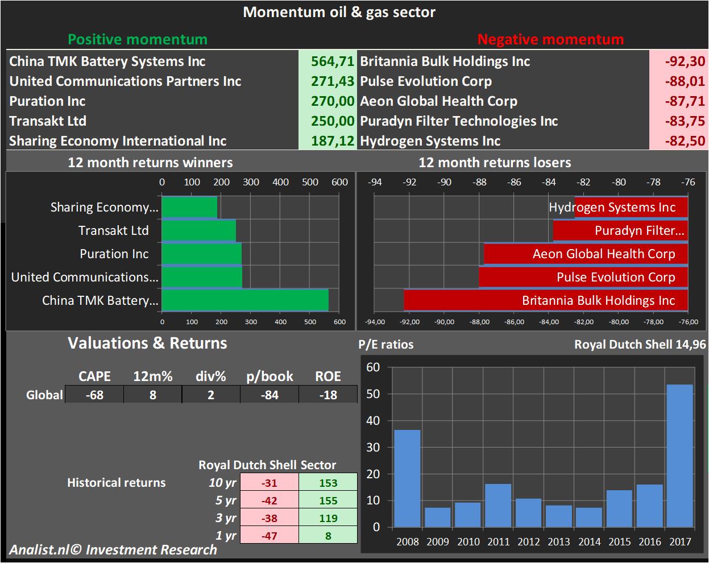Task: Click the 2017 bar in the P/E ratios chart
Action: [x=679, y=456]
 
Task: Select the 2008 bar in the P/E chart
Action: [x=407, y=478]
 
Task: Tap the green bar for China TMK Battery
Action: [x=245, y=300]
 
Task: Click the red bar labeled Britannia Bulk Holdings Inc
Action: [x=546, y=300]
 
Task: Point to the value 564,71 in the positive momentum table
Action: [x=333, y=61]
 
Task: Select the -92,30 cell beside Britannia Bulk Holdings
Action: [x=685, y=61]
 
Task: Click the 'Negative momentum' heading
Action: [x=550, y=39]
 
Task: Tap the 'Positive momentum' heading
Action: [x=138, y=39]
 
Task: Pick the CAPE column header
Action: [x=94, y=376]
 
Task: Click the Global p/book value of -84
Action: [x=269, y=395]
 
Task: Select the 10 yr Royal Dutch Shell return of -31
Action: [x=269, y=483]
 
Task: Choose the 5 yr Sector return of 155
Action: [x=328, y=500]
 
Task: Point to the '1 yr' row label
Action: [x=226, y=536]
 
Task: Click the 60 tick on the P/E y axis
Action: [x=373, y=367]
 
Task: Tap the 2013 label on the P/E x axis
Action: [x=559, y=541]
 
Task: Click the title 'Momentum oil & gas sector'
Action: [x=339, y=12]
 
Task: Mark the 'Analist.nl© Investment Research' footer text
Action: [x=113, y=550]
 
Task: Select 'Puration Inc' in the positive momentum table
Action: [x=47, y=101]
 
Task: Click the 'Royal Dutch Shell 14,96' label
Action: [x=640, y=344]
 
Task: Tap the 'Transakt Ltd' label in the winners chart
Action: [x=114, y=230]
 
